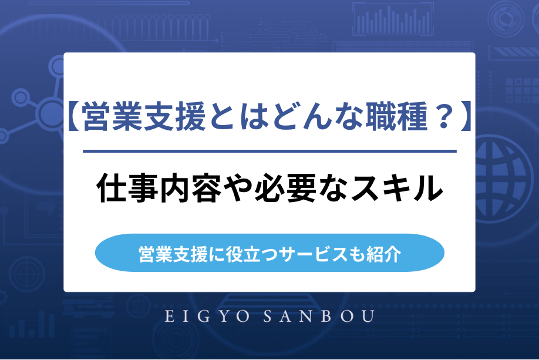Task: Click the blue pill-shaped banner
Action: (x=269, y=253)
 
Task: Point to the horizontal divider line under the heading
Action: (x=269, y=151)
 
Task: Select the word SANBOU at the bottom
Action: (x=323, y=317)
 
